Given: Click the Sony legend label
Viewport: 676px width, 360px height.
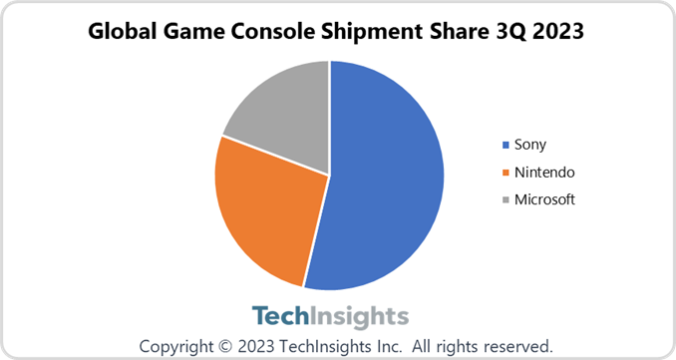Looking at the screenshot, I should point(530,145).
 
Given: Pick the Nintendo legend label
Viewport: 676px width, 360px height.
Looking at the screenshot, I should point(543,172).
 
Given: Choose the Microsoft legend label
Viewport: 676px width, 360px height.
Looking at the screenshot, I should point(545,199).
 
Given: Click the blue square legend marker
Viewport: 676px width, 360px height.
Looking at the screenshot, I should point(505,145).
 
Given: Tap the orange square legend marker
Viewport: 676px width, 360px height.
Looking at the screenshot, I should point(505,172).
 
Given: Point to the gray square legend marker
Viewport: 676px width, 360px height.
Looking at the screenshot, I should point(505,199).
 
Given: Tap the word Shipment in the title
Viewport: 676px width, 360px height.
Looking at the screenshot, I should point(379,31).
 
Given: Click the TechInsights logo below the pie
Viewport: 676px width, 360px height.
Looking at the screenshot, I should point(330,316).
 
